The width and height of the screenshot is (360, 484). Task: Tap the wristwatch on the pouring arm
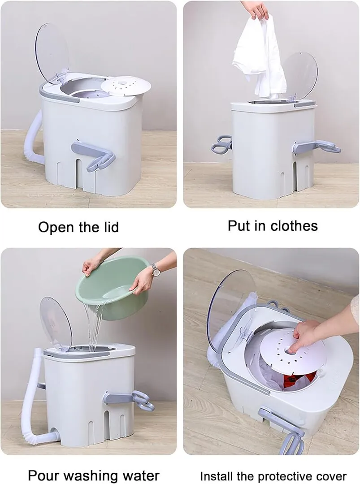tap(155, 271)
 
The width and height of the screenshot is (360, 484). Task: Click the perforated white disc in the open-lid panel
tap(126, 86)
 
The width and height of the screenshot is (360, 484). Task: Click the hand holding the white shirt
tap(259, 9)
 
